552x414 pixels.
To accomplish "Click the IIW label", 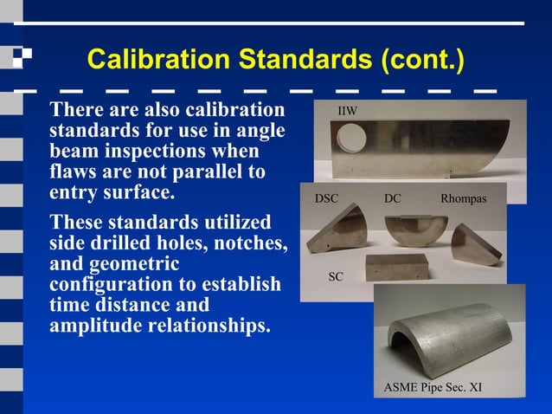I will tap(347, 112).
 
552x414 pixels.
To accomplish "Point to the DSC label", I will tap(326, 199).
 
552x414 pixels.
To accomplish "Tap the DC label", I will tap(393, 199).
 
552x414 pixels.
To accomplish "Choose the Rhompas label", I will tap(464, 199).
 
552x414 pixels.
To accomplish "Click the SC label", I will tap(337, 276).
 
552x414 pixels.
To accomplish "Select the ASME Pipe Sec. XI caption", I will tap(433, 387).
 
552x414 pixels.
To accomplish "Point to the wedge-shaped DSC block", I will tap(342, 238).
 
